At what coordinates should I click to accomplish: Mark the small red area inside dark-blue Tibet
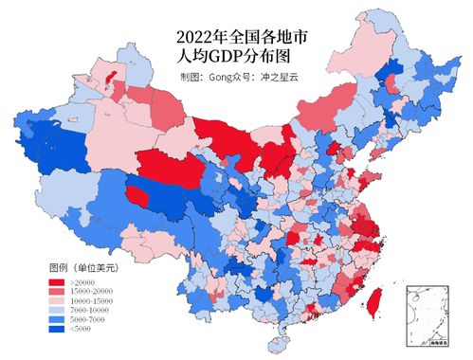coord(138,196)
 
